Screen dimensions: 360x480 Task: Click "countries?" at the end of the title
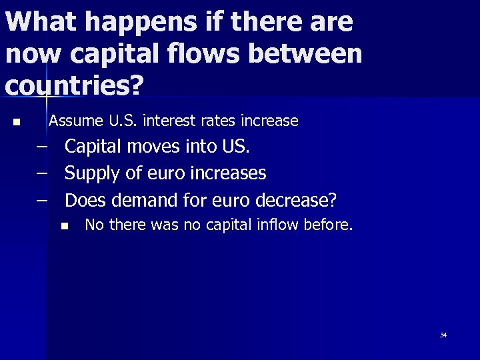click(74, 85)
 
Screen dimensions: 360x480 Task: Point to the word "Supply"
click(92, 173)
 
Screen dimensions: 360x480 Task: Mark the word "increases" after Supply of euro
click(228, 173)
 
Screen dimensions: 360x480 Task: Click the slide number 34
click(443, 335)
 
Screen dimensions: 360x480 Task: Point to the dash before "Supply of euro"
click(43, 173)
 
